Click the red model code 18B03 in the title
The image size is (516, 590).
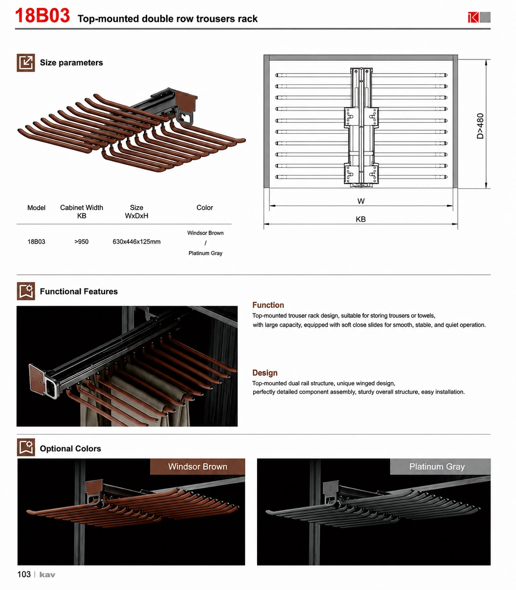pyautogui.click(x=42, y=15)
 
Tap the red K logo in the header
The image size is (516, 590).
pyautogui.click(x=473, y=17)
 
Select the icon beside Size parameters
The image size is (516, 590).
pyautogui.click(x=26, y=62)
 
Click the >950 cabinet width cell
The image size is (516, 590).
pyautogui.click(x=81, y=242)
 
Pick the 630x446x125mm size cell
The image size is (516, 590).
pyautogui.click(x=136, y=242)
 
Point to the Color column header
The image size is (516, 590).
pyautogui.click(x=205, y=208)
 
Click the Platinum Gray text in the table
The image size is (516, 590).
pyautogui.click(x=205, y=253)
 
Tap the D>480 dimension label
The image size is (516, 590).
pyautogui.click(x=480, y=126)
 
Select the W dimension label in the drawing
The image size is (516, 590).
pyautogui.click(x=361, y=201)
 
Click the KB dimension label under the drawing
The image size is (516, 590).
pyautogui.click(x=361, y=219)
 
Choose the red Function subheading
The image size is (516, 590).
pyautogui.click(x=268, y=305)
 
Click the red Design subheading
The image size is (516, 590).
pyautogui.click(x=265, y=373)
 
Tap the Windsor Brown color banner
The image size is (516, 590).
pyautogui.click(x=198, y=466)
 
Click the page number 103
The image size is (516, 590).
pyautogui.click(x=24, y=575)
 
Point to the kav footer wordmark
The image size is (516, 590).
pyautogui.click(x=47, y=575)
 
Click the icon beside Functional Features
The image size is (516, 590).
pyautogui.click(x=26, y=291)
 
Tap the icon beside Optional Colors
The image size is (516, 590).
pyautogui.click(x=26, y=448)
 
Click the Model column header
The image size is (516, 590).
pyautogui.click(x=37, y=208)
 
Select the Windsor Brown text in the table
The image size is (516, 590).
pyautogui.click(x=205, y=233)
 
